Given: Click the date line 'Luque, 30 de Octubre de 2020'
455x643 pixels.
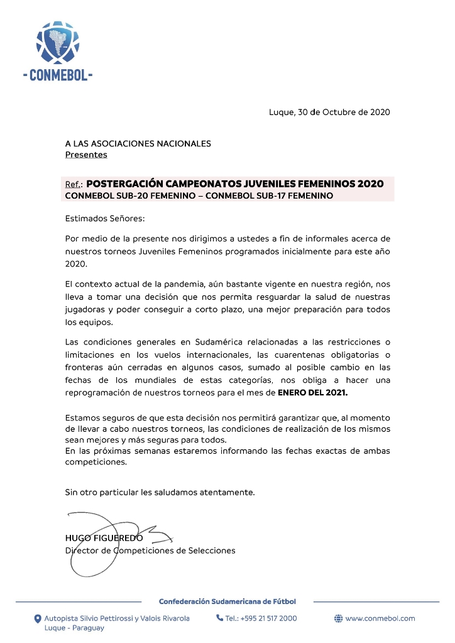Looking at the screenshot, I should pos(329,113).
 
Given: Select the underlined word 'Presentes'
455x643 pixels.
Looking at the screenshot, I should pos(86,155).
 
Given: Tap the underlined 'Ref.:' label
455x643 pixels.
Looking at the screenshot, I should pos(74,184).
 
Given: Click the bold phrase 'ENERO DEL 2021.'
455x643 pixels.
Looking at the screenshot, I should pos(312,392).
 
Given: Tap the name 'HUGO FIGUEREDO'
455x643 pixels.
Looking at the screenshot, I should pos(104,538).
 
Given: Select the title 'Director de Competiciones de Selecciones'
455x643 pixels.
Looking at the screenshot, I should pos(150,551).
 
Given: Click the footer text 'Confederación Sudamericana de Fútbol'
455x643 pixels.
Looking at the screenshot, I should pos(227,602).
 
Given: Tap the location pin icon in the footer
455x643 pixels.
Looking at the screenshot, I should pos(37,618).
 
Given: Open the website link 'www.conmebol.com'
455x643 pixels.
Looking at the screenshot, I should pos(380,618).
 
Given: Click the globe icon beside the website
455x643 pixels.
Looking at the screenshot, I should pos(338,618).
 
